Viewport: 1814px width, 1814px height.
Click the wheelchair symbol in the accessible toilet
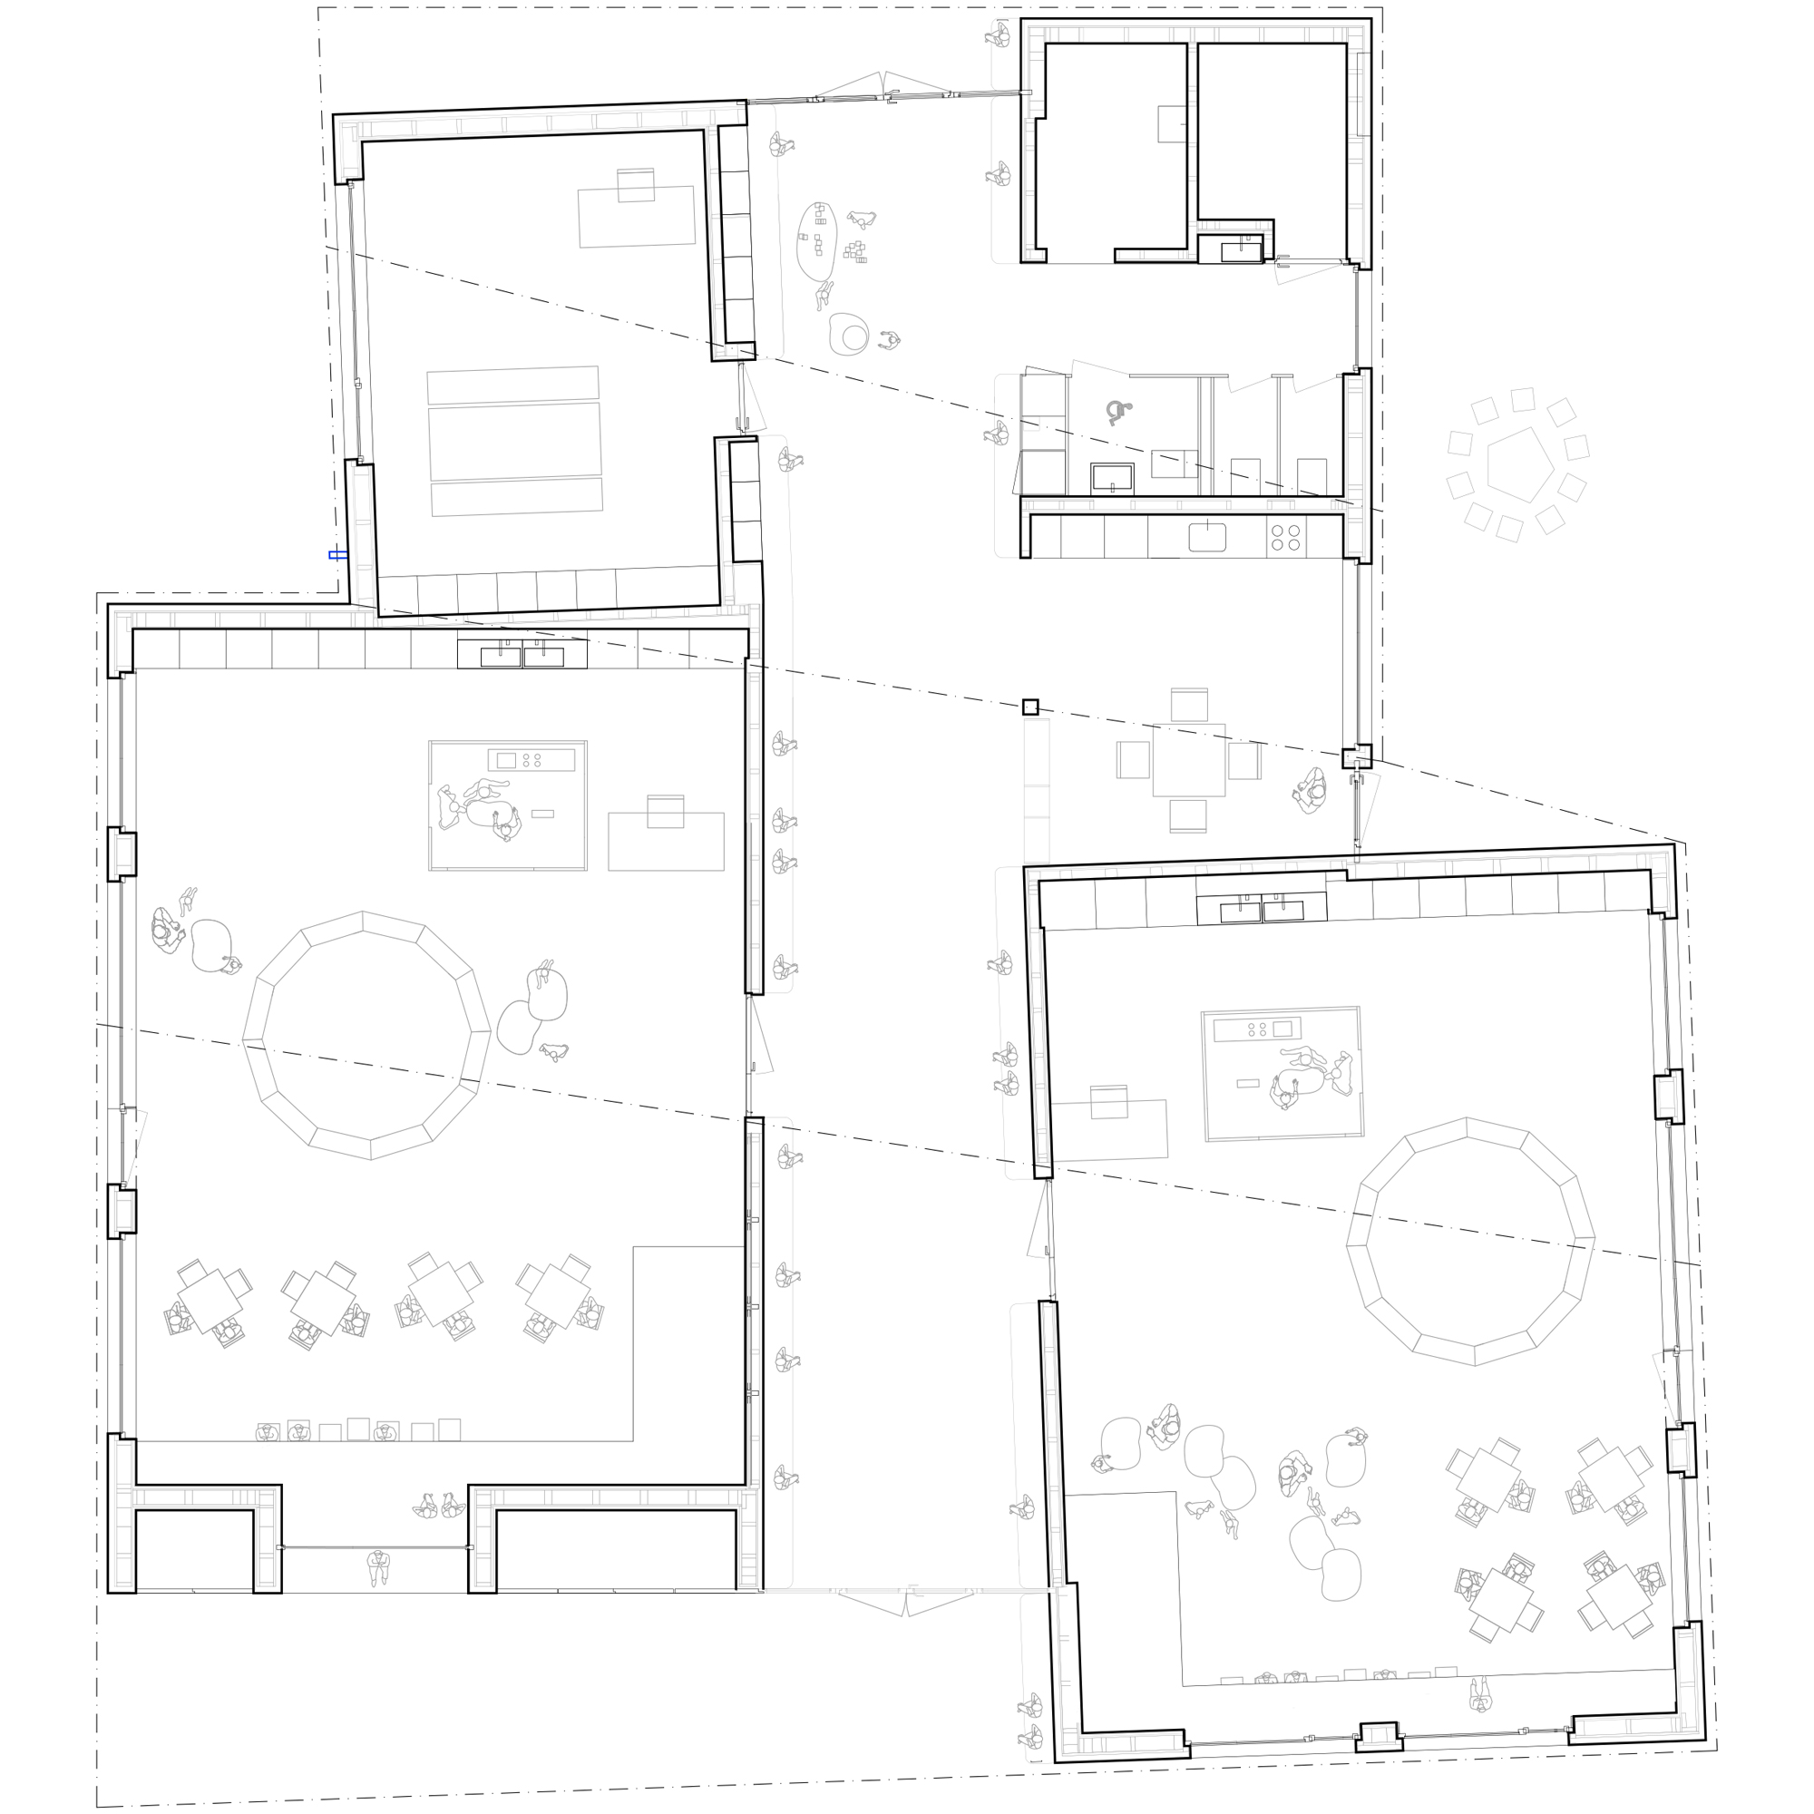pos(1118,412)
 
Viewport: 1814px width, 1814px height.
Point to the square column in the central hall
pos(1030,707)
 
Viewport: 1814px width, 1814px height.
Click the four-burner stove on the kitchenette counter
pos(1285,537)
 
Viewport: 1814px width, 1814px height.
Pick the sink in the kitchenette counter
pos(1207,537)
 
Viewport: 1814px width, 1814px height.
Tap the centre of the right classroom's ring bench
pos(1469,1242)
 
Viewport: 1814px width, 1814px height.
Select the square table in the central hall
pos(1189,759)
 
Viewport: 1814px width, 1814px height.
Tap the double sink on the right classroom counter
pos(1261,910)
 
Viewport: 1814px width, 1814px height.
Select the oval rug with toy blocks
pos(817,240)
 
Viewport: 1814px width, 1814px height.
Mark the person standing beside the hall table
pos(1312,792)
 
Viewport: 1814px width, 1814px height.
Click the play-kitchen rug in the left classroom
pos(508,805)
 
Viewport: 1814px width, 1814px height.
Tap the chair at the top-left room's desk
pos(636,185)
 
